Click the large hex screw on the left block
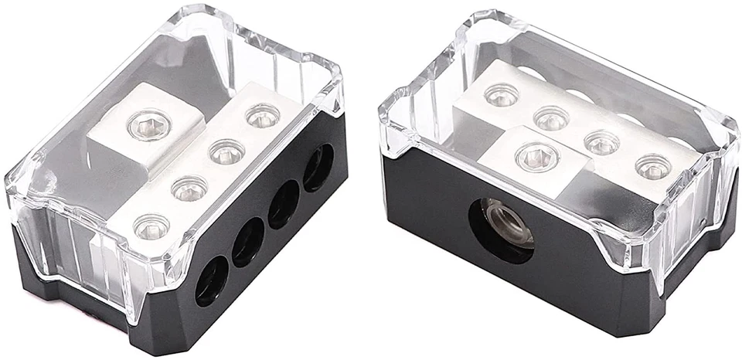coord(143,123)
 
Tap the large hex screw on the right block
coord(536,157)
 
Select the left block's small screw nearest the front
coord(151,226)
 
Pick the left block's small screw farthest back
coord(262,116)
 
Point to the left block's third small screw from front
coord(226,151)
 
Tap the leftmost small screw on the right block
coord(502,95)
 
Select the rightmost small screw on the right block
coord(653,166)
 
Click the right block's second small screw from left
coord(551,118)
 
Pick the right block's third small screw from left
coord(601,142)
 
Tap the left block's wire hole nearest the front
coord(211,281)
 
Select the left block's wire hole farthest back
coord(318,168)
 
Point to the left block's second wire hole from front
coord(248,243)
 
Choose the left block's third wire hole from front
coord(284,204)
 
